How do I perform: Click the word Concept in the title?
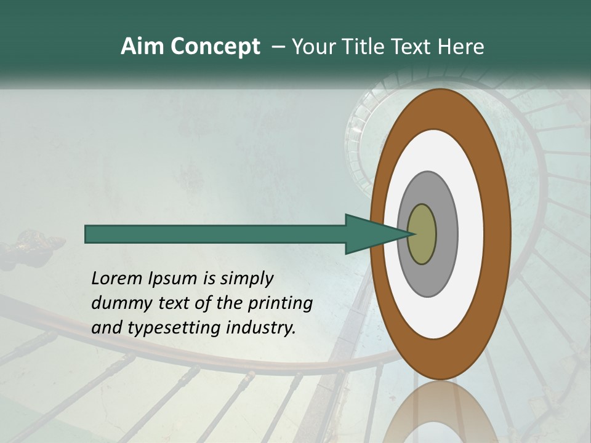coord(215,47)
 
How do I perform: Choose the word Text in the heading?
coord(415,47)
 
